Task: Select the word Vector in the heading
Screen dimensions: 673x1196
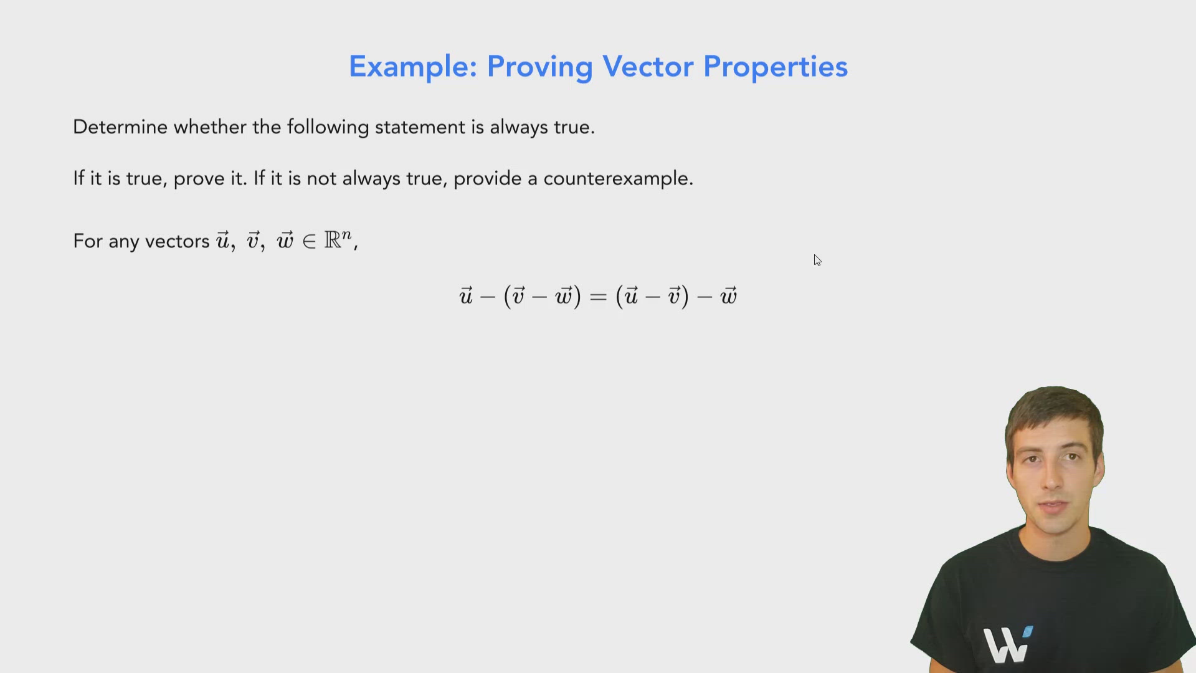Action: click(x=647, y=67)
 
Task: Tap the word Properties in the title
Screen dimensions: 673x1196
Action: click(x=775, y=67)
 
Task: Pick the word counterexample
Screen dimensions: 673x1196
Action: click(x=617, y=179)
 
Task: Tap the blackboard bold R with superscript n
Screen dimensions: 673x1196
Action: click(x=337, y=239)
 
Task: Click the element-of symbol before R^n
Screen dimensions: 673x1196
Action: click(x=309, y=242)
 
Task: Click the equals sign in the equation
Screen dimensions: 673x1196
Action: click(x=597, y=297)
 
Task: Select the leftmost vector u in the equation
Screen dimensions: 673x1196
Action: click(x=466, y=296)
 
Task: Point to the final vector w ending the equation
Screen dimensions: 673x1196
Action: click(x=728, y=296)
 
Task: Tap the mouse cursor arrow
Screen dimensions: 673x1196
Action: click(x=817, y=260)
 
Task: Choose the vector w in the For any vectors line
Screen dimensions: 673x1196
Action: click(x=285, y=241)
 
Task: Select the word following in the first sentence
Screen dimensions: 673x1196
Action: click(x=328, y=127)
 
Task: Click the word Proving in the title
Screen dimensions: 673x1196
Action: click(x=539, y=67)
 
